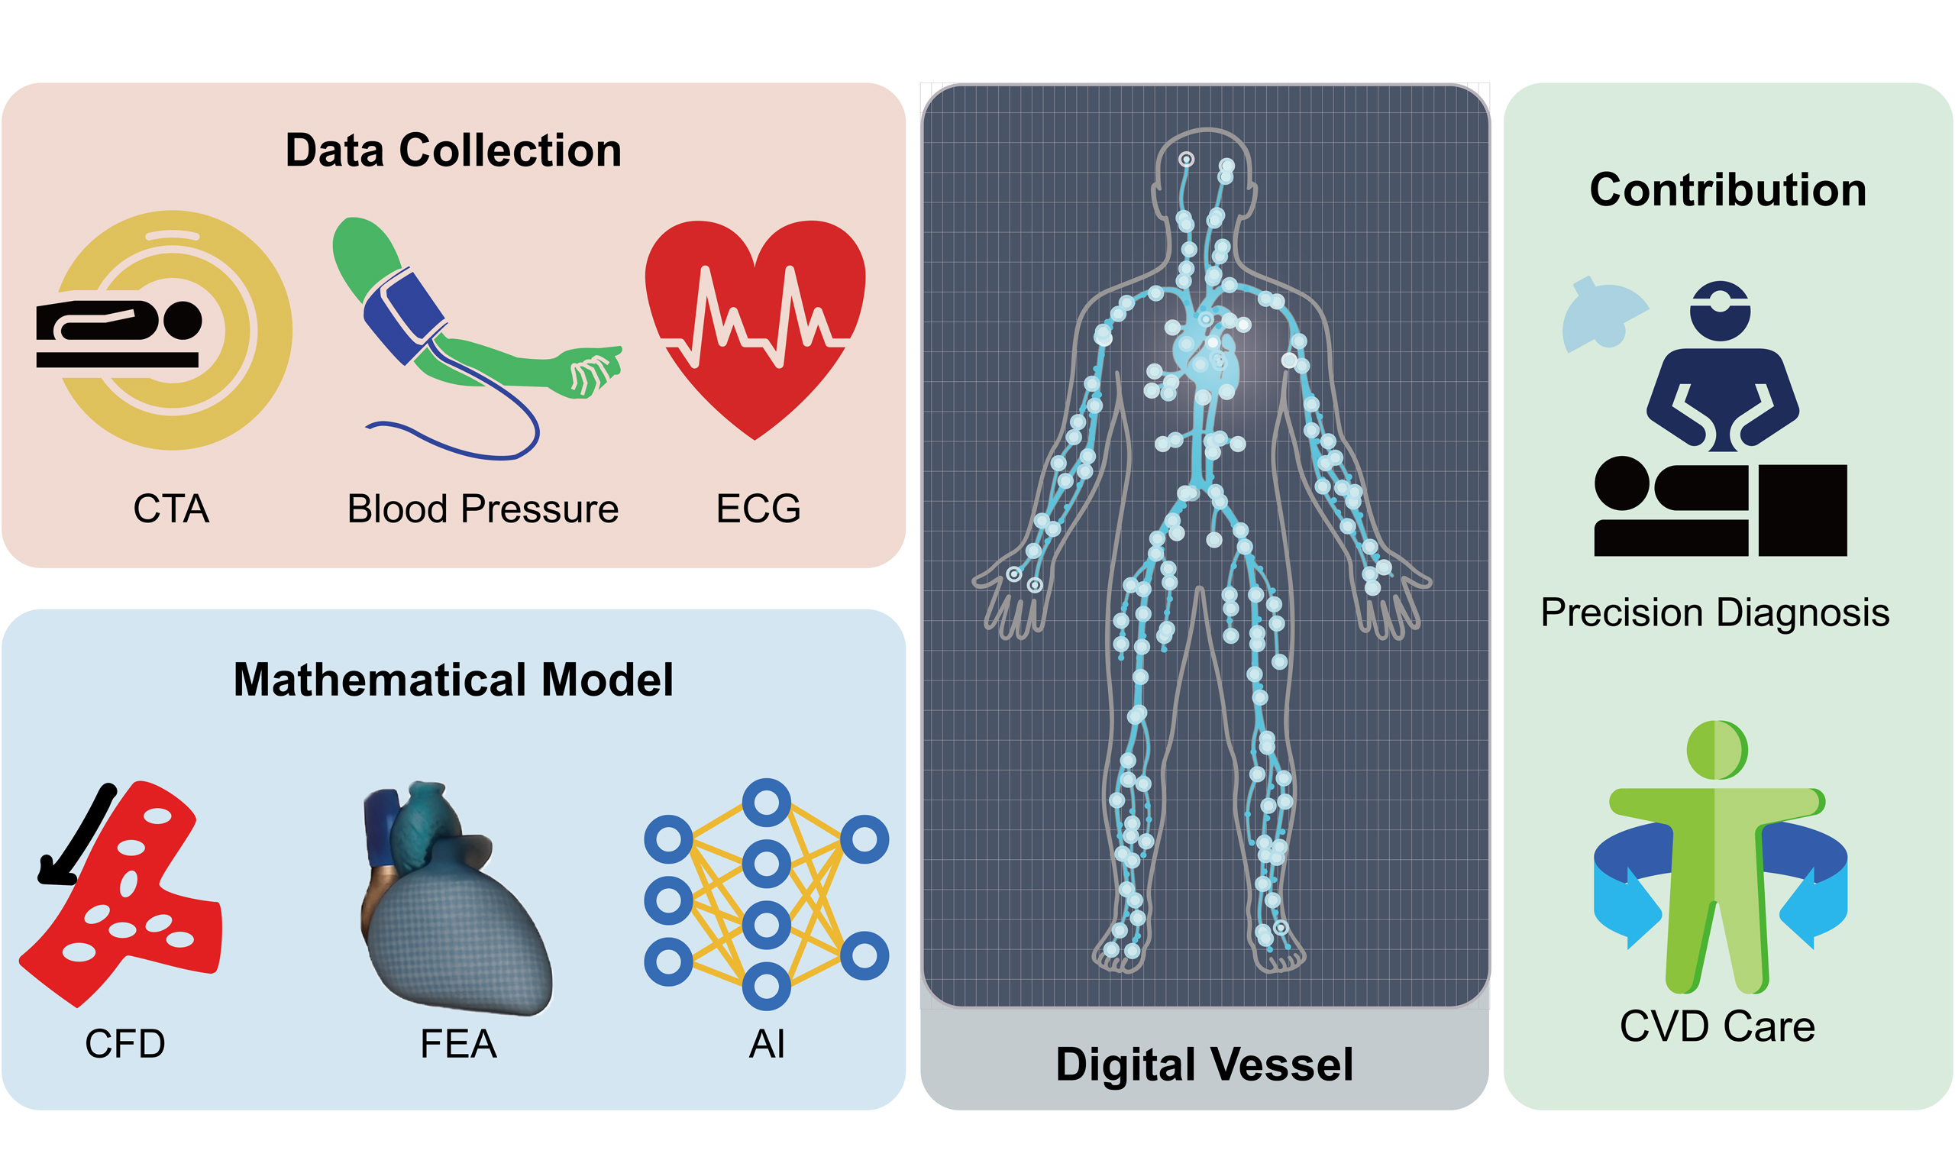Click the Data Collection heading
453,150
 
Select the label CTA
171,509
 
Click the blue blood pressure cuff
403,315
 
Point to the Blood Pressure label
482,509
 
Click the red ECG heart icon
755,324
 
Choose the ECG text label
758,509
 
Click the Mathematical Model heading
453,679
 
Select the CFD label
124,1043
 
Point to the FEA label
458,1043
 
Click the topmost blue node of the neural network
766,803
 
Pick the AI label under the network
767,1043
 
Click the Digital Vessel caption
1204,1064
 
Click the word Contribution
1727,189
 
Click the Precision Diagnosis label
1714,612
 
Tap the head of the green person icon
1717,749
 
